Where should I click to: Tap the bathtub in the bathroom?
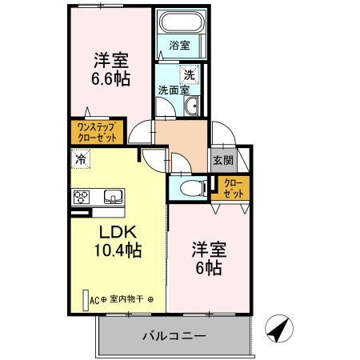[x=181, y=23]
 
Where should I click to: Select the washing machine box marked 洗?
[x=189, y=74]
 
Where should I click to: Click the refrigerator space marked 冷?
[x=82, y=159]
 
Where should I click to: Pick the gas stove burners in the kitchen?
[x=82, y=195]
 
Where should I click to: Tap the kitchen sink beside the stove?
[x=110, y=195]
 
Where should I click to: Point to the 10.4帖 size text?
[x=118, y=250]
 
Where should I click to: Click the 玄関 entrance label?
[x=222, y=160]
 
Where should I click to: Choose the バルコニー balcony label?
[x=177, y=335]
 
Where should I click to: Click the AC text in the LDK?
[x=94, y=300]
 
